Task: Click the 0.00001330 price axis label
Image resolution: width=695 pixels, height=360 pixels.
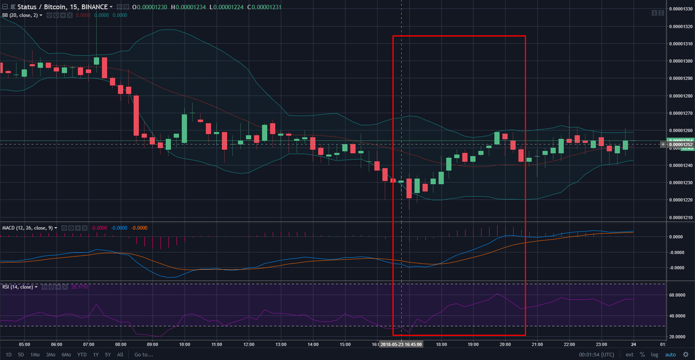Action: coord(681,9)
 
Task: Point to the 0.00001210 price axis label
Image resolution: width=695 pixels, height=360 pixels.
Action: coord(681,218)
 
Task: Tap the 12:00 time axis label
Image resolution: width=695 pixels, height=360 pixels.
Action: coord(249,344)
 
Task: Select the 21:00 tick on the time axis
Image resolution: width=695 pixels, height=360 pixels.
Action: coord(537,344)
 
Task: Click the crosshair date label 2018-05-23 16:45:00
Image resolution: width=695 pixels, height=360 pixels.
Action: coord(401,344)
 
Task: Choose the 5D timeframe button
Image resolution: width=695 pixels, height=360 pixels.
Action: coord(21,355)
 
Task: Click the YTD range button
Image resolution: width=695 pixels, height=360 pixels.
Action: coord(82,355)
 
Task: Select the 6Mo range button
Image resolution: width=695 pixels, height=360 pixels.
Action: coord(66,355)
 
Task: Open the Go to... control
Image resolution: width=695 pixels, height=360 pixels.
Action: coord(144,355)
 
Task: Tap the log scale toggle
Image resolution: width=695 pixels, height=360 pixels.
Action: coord(654,355)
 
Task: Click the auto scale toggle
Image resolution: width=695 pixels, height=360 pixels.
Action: coord(670,355)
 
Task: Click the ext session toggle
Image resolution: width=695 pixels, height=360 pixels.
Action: coord(630,355)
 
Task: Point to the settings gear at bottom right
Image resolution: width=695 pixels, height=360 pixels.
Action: coord(686,355)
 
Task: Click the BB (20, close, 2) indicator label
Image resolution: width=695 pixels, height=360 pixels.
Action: coord(20,15)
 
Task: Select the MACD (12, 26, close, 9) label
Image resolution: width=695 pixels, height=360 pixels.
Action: coord(27,228)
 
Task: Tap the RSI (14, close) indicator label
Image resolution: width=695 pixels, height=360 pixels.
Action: coord(18,287)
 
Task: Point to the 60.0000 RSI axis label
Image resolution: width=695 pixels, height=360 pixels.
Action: coord(677,295)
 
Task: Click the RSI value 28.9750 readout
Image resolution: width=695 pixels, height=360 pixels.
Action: coord(79,287)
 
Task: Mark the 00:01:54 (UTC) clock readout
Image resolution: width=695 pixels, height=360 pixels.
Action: coord(596,355)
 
